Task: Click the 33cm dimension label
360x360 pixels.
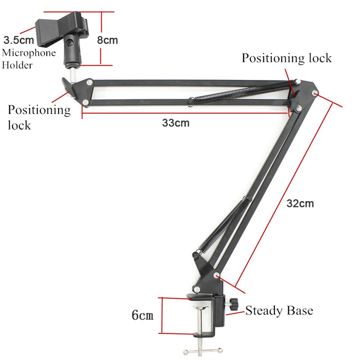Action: (x=176, y=123)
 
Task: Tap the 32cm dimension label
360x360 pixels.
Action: (x=300, y=204)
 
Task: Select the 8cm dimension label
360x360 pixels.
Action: (x=108, y=40)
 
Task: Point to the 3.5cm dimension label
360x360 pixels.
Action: (x=19, y=40)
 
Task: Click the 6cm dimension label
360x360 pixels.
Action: (x=142, y=315)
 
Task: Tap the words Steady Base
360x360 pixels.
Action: (x=279, y=311)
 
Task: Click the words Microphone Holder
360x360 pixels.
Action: (x=29, y=59)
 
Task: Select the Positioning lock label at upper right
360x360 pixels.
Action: (x=287, y=58)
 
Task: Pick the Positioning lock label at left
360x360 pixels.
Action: (x=39, y=117)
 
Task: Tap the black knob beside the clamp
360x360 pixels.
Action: (x=233, y=303)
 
